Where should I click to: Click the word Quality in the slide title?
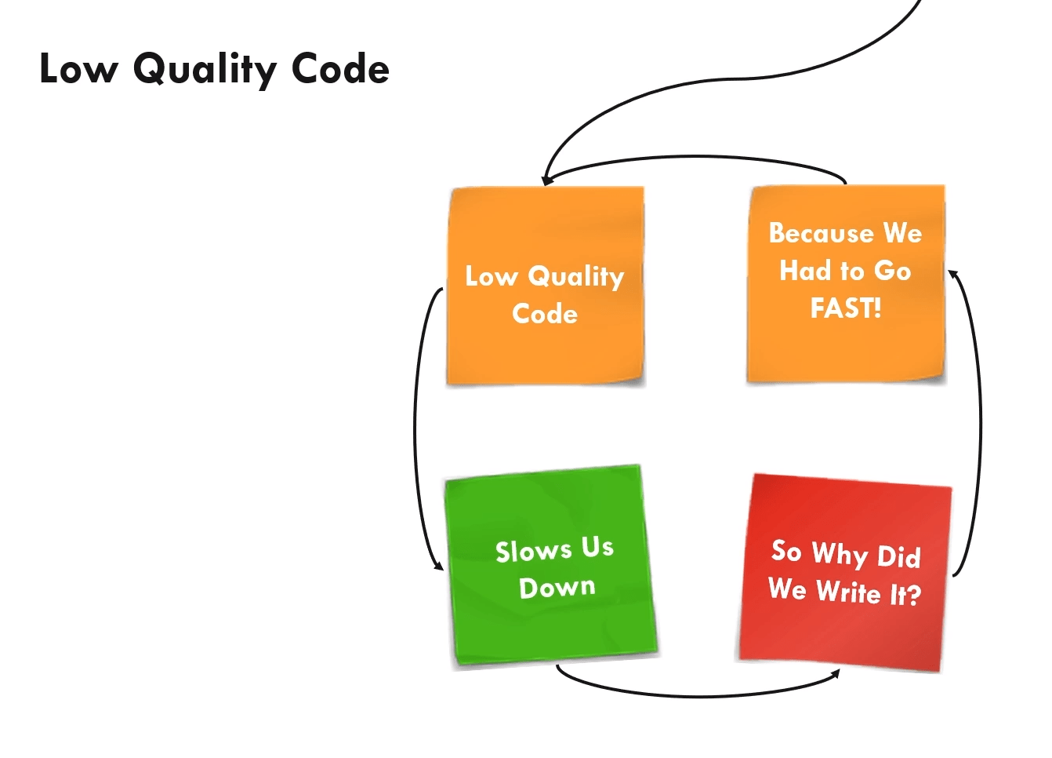[x=205, y=70]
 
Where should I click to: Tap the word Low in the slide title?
[x=78, y=68]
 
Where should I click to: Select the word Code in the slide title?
[x=340, y=68]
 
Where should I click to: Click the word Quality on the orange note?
[x=576, y=276]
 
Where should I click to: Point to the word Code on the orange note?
[x=545, y=314]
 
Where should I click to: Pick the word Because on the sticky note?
[x=821, y=233]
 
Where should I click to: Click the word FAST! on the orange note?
[x=846, y=308]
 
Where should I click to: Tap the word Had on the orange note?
[x=805, y=271]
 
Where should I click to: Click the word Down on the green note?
[x=557, y=587]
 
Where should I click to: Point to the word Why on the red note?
[x=840, y=553]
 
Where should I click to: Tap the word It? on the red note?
[x=905, y=594]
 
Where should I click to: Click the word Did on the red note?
[x=898, y=556]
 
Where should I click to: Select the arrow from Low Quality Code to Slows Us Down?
[x=416, y=428]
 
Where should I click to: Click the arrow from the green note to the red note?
[x=698, y=694]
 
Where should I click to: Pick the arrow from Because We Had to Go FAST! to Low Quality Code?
[x=694, y=158]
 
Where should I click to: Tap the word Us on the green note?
[x=597, y=547]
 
